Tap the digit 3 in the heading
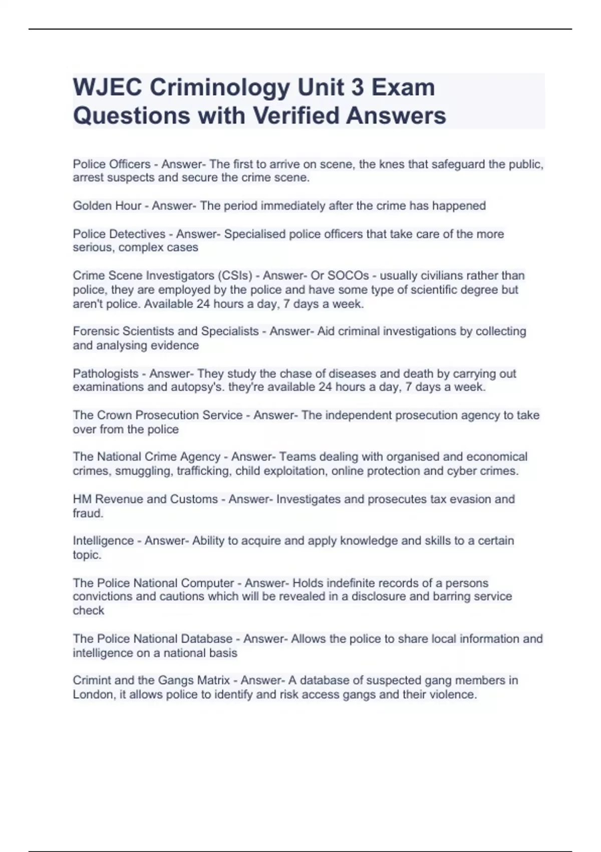[357, 88]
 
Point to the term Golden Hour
[107, 206]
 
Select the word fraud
[88, 513]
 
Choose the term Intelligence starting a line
[103, 541]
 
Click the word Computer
[207, 583]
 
